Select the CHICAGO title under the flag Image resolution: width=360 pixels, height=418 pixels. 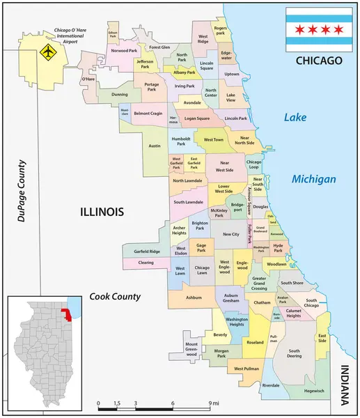(x=320, y=61)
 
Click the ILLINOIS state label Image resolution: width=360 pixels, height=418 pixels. (x=102, y=211)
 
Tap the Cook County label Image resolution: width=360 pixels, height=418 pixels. (x=115, y=297)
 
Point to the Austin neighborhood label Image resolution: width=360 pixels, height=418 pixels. (x=155, y=146)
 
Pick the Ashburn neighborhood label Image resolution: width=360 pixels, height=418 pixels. (x=194, y=297)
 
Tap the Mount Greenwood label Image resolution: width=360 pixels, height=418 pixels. (x=191, y=348)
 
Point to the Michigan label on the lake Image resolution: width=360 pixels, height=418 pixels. (x=313, y=179)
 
